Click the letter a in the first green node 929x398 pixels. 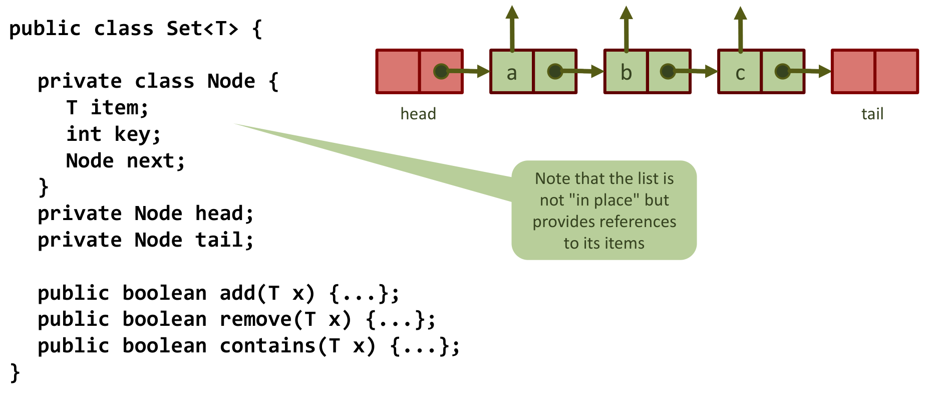click(x=511, y=73)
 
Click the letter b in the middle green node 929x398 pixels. click(x=626, y=73)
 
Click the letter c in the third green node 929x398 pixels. click(x=740, y=73)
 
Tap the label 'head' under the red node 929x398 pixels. click(x=418, y=114)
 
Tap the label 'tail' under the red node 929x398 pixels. click(x=872, y=114)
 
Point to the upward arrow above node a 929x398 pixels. click(x=512, y=28)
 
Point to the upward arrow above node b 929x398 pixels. click(x=626, y=28)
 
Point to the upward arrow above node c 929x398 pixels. click(x=740, y=28)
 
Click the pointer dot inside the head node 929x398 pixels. click(x=441, y=71)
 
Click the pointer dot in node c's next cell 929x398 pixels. click(x=782, y=71)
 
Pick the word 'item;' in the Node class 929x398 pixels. click(x=119, y=108)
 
